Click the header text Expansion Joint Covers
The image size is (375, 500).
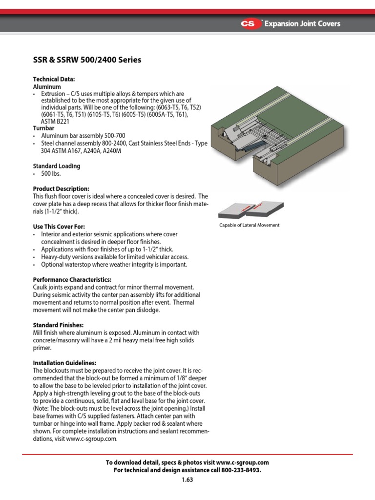click(302, 24)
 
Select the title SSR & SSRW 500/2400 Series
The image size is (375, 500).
click(87, 60)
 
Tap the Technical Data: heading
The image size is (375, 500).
click(54, 79)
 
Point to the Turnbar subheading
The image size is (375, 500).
click(43, 128)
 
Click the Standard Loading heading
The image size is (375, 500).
click(57, 166)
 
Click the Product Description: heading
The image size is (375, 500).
click(61, 189)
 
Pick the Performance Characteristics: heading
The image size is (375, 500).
click(72, 280)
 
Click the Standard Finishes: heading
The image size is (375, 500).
click(58, 325)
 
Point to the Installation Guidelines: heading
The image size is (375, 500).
click(64, 363)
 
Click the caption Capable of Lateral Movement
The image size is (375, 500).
click(250, 225)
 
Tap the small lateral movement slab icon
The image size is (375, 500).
click(249, 207)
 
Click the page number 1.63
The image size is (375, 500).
click(187, 479)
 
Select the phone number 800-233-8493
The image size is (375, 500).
click(240, 470)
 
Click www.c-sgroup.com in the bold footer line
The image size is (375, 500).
click(242, 462)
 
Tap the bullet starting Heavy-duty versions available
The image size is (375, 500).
click(115, 257)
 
